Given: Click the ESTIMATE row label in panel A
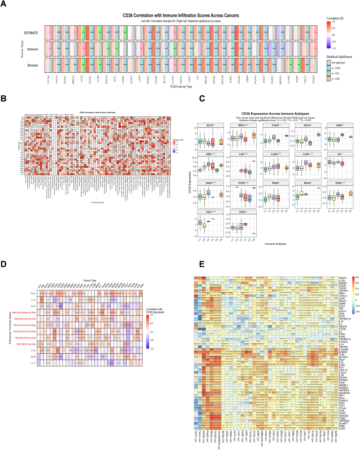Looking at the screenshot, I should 31,33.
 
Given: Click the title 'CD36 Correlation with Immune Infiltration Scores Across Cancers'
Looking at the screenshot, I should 181,16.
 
